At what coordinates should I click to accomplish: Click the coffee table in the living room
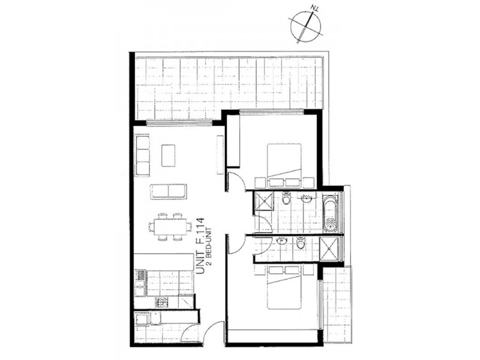tap(169, 155)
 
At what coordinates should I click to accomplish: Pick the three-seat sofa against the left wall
tap(142, 155)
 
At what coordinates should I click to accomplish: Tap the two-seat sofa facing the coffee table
tap(169, 191)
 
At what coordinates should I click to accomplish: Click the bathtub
tap(331, 213)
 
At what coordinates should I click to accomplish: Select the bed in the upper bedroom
tap(284, 165)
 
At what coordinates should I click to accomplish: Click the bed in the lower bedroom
tap(284, 287)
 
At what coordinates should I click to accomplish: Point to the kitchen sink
tap(140, 281)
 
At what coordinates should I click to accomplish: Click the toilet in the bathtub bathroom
tap(286, 199)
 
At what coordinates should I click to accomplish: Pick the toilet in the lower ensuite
tap(301, 244)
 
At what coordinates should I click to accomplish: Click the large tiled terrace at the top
tap(229, 88)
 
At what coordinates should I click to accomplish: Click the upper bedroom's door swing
tap(235, 182)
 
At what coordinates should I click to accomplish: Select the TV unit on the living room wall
tap(220, 155)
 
